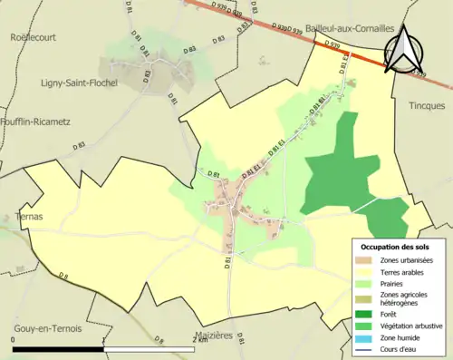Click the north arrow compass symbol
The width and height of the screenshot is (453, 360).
point(404,49)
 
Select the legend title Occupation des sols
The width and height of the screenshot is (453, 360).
point(395,246)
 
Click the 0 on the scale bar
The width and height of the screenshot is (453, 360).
point(14,339)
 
